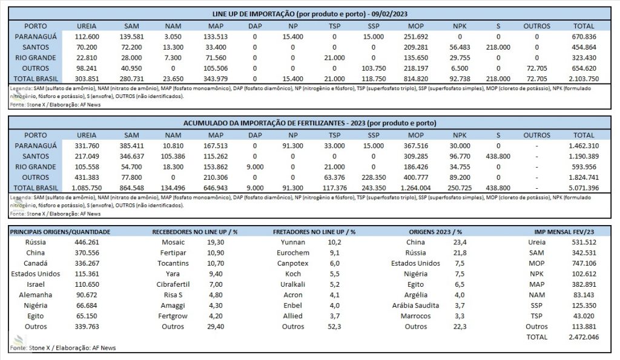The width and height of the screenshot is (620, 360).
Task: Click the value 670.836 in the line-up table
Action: coord(584,37)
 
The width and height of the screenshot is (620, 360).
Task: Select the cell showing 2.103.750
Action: coord(584,79)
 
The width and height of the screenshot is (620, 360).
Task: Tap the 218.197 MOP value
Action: coord(415,68)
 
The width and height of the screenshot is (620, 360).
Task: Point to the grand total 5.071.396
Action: coord(584,188)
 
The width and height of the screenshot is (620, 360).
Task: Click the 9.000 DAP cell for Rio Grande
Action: coord(255,167)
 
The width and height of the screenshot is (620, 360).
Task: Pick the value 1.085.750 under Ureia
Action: coord(87,188)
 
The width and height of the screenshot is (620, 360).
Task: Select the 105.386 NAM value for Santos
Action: coord(173,157)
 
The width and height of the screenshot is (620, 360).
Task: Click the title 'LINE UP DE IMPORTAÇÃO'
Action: coord(254,14)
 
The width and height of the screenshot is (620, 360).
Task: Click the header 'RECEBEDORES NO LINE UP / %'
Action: coord(194,232)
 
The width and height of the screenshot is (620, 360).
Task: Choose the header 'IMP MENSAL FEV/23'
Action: coord(564,232)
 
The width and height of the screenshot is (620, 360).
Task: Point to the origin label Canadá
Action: coord(36,263)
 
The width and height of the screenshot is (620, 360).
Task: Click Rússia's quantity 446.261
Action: coord(87,242)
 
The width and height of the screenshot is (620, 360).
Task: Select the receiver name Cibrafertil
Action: coord(173,284)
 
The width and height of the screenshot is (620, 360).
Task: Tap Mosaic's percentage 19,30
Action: coord(216,242)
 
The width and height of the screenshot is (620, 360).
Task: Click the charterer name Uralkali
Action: coord(292,284)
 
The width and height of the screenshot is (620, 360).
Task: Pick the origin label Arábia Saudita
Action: coord(415,306)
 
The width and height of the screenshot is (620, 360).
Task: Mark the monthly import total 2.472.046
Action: coord(584,337)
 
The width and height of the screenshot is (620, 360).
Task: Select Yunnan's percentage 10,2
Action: coord(334,242)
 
